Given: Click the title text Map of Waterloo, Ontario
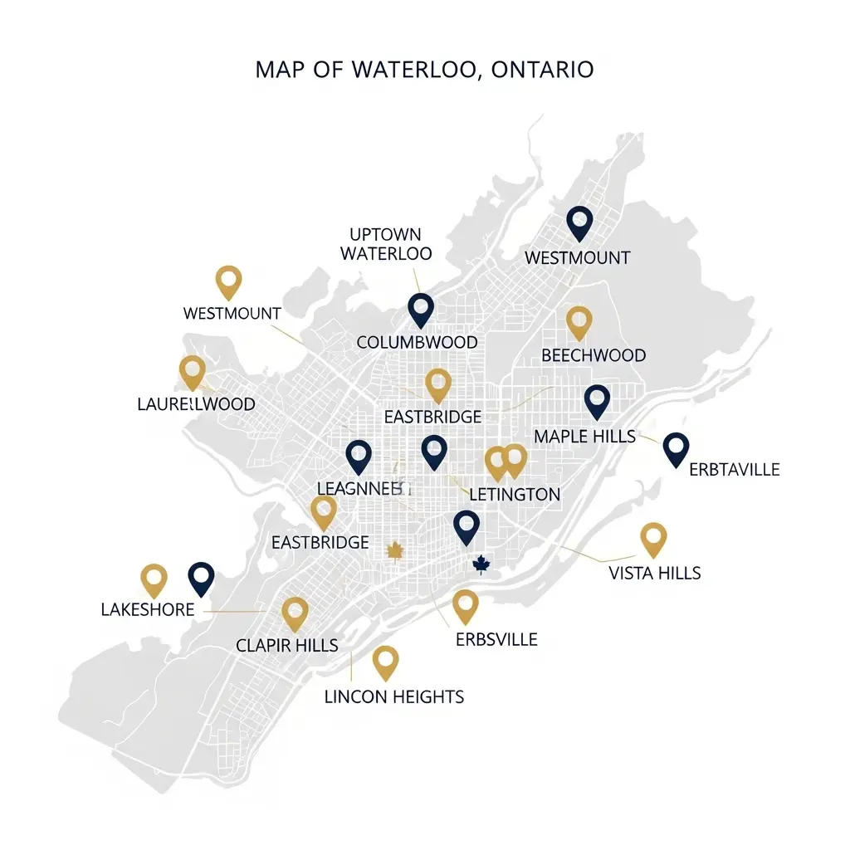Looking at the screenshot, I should click(424, 69).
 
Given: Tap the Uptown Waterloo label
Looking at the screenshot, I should click(386, 244).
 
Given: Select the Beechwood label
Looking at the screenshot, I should click(594, 355).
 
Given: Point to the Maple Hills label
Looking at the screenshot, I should click(584, 436).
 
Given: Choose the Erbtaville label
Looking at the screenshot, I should click(735, 469).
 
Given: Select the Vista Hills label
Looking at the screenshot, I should click(654, 573).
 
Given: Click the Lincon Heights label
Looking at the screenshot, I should click(394, 696).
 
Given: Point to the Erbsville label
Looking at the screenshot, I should click(496, 639).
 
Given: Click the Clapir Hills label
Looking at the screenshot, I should click(286, 645).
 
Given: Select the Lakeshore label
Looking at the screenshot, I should click(147, 609).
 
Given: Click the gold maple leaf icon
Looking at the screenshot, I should click(395, 550).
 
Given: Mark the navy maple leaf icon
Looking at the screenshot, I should click(480, 565).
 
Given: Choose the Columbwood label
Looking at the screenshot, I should click(417, 342).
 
